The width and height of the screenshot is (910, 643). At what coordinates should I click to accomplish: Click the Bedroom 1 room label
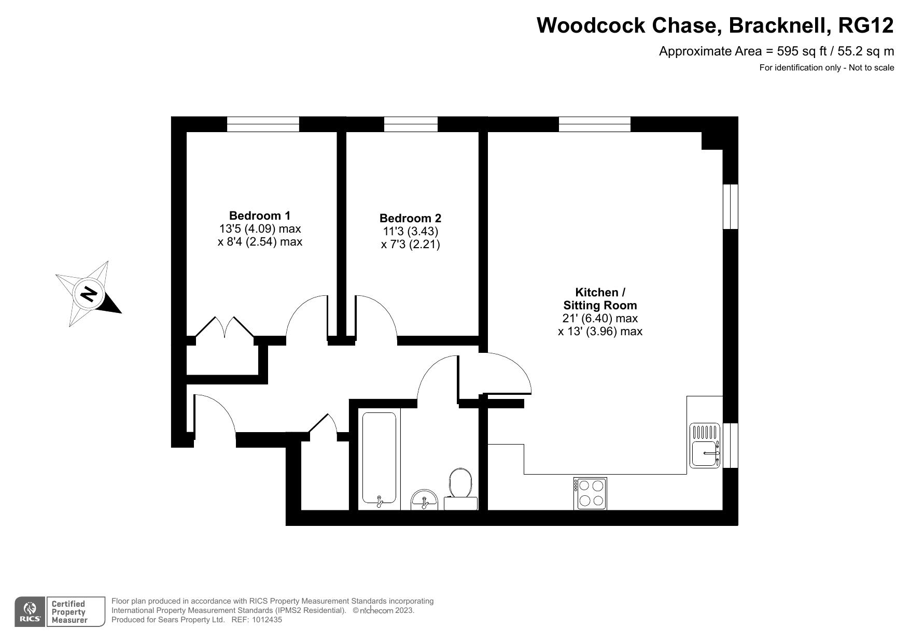(260, 216)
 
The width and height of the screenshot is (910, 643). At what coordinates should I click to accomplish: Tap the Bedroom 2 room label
(410, 218)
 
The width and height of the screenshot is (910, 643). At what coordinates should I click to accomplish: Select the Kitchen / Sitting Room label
(600, 298)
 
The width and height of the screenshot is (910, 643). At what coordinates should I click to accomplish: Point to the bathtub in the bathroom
(379, 458)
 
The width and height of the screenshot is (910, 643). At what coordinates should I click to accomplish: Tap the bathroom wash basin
(424, 500)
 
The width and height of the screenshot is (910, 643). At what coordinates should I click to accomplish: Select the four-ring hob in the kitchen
(590, 493)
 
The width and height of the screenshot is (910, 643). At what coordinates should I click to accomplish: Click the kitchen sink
(705, 446)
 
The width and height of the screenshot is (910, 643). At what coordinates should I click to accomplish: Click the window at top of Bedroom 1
(263, 124)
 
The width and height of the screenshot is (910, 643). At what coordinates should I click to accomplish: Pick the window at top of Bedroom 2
(411, 124)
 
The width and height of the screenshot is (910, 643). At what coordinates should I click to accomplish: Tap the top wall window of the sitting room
(595, 124)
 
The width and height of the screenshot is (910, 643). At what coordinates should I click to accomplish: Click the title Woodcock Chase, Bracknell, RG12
(715, 25)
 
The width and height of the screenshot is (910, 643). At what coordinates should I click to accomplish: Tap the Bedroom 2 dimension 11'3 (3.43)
(410, 231)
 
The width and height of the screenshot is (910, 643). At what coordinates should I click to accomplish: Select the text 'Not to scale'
(872, 67)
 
